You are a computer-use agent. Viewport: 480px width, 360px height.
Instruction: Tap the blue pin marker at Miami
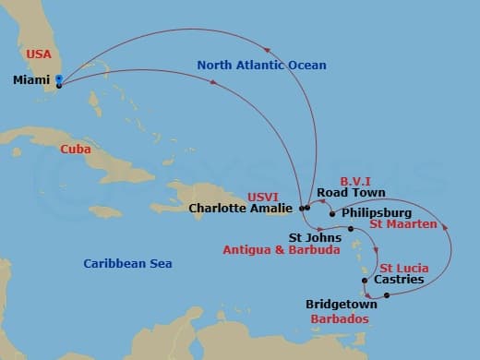pos(58,81)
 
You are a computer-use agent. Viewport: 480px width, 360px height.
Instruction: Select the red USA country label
pos(38,54)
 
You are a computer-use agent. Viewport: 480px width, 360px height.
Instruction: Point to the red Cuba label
pos(74,149)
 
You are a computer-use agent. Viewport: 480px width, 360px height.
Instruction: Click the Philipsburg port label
pos(376,212)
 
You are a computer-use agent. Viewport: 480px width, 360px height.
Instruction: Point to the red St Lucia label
pos(403,268)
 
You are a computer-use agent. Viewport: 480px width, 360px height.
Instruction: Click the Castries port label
pos(398,280)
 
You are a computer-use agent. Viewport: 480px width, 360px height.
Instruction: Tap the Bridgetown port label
pos(342,304)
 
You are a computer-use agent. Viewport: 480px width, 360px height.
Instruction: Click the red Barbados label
pos(341,318)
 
